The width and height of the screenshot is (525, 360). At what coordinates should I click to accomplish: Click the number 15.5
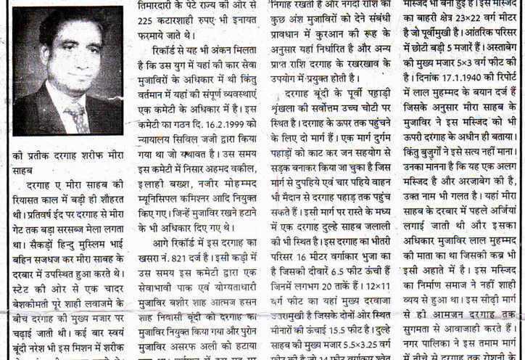342,331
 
